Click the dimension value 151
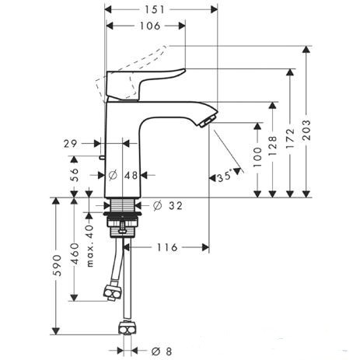pyautogui.click(x=160, y=9)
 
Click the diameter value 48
pyautogui.click(x=130, y=176)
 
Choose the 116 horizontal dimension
pyautogui.click(x=167, y=247)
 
